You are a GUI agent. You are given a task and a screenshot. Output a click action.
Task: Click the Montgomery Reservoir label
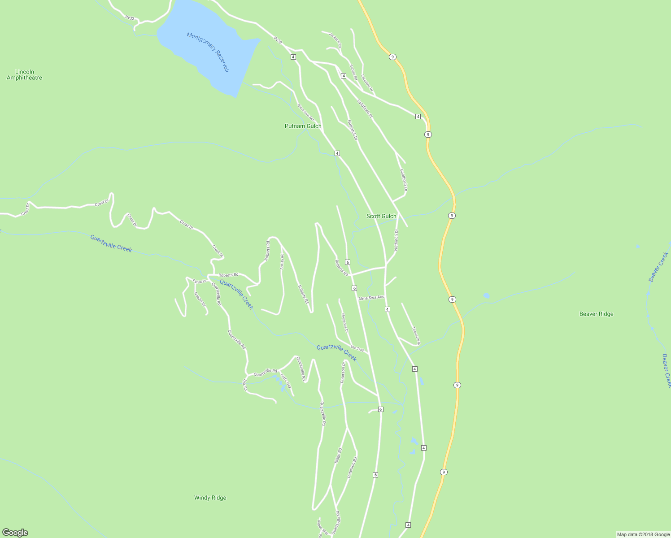click(x=208, y=52)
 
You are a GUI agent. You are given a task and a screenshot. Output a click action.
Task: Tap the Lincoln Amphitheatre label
click(x=25, y=75)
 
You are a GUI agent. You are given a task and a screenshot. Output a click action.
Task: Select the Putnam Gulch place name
click(x=303, y=126)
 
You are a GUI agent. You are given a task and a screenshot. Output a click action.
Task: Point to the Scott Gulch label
click(x=381, y=216)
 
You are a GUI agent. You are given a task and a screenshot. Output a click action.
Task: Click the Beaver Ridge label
click(x=596, y=314)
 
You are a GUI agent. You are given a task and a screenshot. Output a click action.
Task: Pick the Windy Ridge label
click(x=210, y=498)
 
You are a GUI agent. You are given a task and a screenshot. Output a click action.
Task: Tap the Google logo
click(x=15, y=533)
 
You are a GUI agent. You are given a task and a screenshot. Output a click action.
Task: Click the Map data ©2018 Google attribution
click(x=643, y=534)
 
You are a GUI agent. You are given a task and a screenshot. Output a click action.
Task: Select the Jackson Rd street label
click(x=335, y=40)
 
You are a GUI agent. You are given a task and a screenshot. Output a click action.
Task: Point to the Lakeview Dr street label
click(x=367, y=83)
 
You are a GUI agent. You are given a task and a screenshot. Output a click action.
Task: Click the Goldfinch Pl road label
click(x=365, y=108)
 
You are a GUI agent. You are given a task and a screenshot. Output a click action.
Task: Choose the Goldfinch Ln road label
click(x=403, y=180)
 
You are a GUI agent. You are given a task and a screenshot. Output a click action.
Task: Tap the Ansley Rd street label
click(x=282, y=261)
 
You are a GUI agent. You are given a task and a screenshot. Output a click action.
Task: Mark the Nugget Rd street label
click(x=200, y=299)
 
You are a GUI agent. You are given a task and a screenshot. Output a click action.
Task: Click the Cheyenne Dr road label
click(x=344, y=322)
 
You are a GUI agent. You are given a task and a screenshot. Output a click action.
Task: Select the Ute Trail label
click(x=357, y=348)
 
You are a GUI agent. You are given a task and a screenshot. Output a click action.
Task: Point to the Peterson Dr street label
click(x=343, y=373)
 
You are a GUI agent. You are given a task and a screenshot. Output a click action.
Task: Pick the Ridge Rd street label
click(x=338, y=456)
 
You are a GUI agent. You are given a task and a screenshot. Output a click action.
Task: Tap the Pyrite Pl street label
click(x=199, y=282)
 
